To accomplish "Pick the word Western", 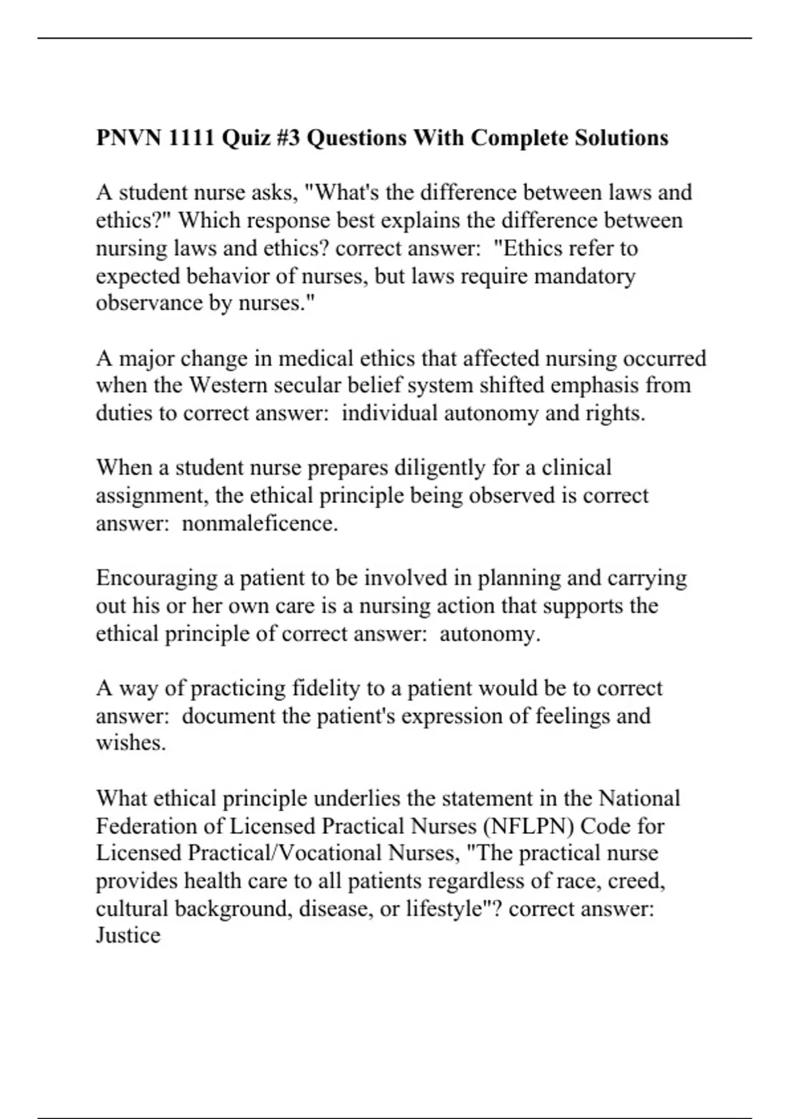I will [x=228, y=385].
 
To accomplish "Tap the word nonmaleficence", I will [x=259, y=524].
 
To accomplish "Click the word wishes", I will [x=130, y=743].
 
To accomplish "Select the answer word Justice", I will [x=128, y=936].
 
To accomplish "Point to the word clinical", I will [x=577, y=468].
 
